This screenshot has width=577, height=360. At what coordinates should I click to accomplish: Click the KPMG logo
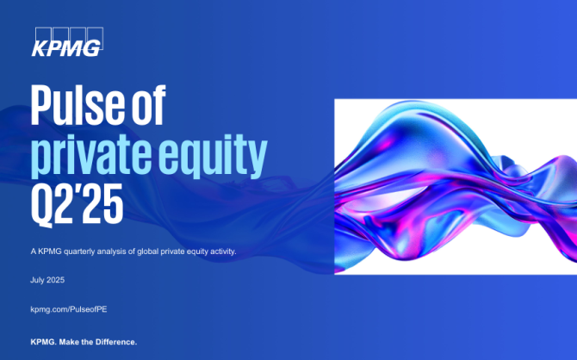click(67, 42)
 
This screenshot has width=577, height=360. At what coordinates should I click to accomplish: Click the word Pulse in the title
click(78, 105)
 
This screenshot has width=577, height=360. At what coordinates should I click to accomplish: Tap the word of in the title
click(149, 105)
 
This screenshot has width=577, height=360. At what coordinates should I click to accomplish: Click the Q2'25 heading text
click(77, 204)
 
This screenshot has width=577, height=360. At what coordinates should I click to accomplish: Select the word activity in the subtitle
click(223, 251)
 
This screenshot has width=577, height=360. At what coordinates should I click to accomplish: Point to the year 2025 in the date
click(56, 280)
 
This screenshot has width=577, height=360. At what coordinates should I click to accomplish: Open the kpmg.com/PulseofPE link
click(69, 309)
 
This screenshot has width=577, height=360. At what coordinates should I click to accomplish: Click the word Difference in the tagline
click(116, 342)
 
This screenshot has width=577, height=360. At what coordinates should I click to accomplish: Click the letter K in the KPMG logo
click(40, 48)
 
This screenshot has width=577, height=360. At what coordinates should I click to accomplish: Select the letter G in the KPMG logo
click(91, 48)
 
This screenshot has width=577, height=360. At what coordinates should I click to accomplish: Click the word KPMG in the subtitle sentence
click(50, 251)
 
